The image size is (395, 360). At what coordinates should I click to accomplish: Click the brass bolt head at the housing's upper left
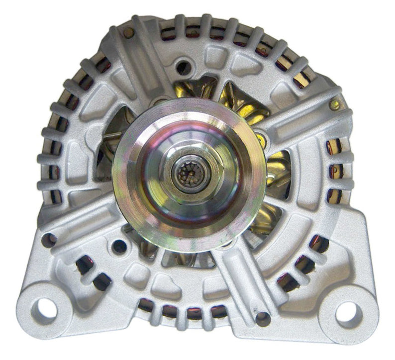(x=129, y=32)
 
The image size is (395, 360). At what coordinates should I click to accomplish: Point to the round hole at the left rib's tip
(x=49, y=238)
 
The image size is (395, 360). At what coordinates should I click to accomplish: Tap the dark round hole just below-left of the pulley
(x=119, y=245)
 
